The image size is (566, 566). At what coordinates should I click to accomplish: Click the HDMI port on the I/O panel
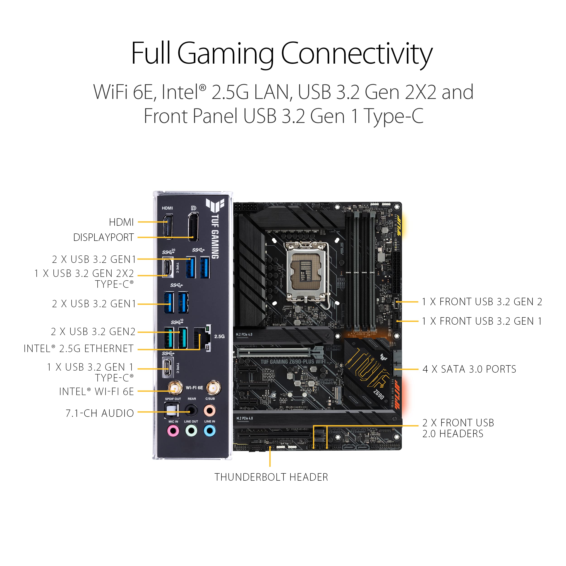pos(168,226)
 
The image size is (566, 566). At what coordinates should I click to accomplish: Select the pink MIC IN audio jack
pos(173,431)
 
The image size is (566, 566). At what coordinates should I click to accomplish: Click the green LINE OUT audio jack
pos(191,431)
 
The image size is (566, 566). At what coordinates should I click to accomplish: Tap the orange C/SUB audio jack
pos(210,411)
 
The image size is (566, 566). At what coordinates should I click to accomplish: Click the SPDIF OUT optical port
pos(172,410)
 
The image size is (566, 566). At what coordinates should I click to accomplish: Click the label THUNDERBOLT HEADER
pos(271,477)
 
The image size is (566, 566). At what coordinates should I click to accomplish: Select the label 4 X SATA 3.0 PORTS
pos(469,369)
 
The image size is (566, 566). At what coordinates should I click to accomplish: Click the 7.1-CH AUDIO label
pos(100,413)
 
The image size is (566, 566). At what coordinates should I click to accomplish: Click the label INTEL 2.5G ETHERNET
pos(79,349)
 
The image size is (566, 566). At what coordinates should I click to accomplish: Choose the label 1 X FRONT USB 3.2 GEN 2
pos(482,302)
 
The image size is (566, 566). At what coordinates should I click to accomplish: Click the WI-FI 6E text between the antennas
pos(194,388)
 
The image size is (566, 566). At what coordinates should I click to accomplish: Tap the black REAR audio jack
pos(191,411)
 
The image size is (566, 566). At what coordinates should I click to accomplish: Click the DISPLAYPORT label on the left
pos(103,237)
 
